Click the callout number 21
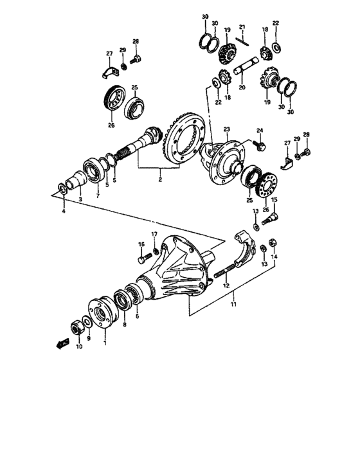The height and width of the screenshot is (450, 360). (242, 27)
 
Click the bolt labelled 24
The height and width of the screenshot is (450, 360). (258, 145)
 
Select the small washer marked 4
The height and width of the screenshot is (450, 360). (62, 189)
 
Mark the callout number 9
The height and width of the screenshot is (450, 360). (89, 338)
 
